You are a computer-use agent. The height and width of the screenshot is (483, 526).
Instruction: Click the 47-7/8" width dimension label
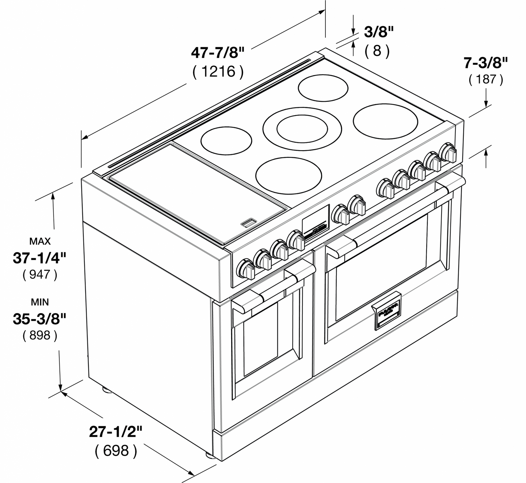pos(218,53)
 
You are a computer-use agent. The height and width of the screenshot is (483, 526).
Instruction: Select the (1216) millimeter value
pos(218,71)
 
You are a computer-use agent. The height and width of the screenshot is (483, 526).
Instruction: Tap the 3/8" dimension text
pos(379,32)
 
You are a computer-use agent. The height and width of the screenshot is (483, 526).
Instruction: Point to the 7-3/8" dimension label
pos(485,63)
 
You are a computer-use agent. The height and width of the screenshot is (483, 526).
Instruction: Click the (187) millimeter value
pos(486,79)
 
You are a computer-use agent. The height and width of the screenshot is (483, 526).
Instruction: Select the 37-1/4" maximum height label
pos(40,258)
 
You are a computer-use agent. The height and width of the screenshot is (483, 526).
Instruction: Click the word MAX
pos(40,241)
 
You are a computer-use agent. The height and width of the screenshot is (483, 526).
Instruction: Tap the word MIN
pos(40,302)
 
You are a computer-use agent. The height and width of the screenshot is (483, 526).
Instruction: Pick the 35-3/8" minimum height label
pos(40,319)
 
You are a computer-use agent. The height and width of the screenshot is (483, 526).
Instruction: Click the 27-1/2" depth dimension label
pos(116,432)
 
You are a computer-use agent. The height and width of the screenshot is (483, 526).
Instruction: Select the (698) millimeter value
pos(116,451)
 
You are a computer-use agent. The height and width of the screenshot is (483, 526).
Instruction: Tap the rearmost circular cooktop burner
pos(323,87)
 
